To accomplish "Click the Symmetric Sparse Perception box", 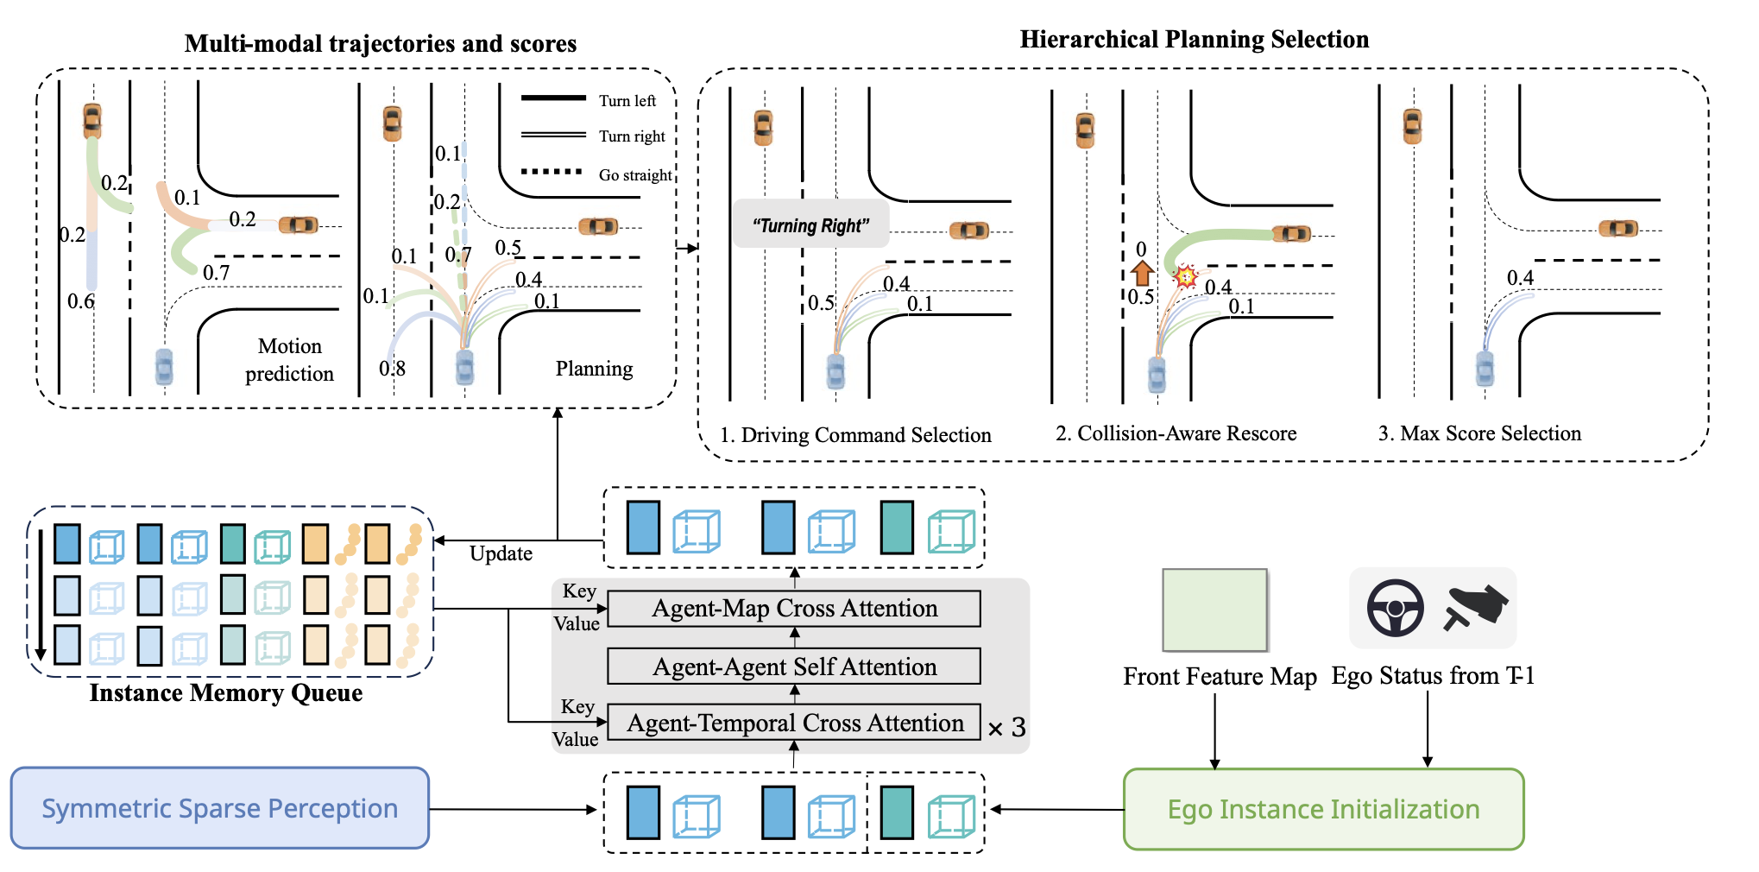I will click(219, 809).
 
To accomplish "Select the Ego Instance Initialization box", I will click(1323, 810).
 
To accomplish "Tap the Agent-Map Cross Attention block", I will click(794, 609).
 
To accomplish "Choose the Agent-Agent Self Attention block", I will click(794, 667).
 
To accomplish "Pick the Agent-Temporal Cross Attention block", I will click(794, 724).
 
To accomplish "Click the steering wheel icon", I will click(1395, 608).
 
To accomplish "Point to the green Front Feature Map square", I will click(1214, 610).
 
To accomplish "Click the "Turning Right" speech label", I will click(810, 226).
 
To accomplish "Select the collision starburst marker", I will click(1185, 276).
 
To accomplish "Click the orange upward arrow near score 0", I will click(1142, 273).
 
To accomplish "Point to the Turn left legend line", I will click(553, 98).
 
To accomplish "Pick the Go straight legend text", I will click(635, 175).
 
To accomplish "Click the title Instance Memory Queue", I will click(226, 693).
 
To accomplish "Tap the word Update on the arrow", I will click(501, 553).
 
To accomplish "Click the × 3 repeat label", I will click(1006, 728).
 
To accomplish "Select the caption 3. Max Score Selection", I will click(1479, 433).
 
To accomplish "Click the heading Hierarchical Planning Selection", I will click(1194, 40).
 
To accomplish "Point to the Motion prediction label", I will click(289, 360).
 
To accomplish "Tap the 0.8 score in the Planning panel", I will click(392, 369).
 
